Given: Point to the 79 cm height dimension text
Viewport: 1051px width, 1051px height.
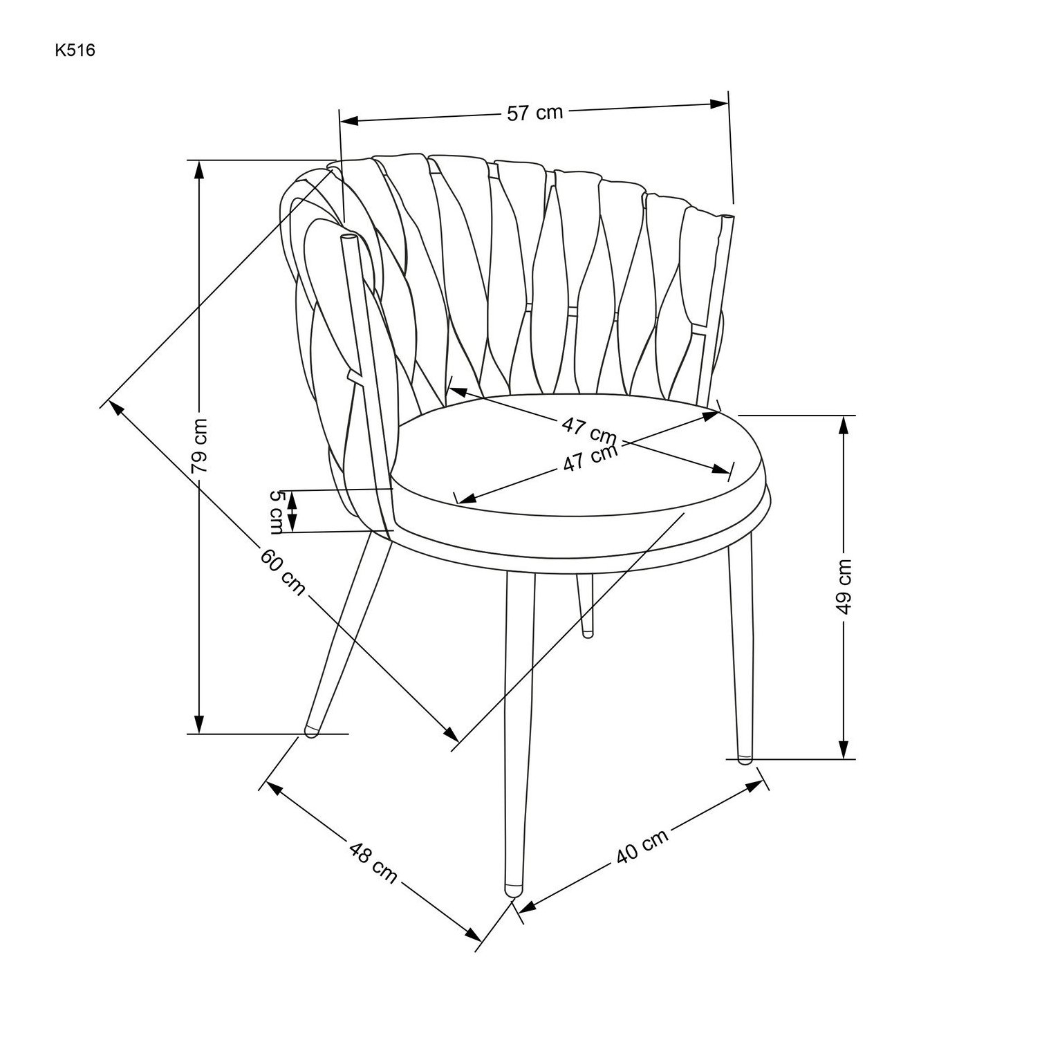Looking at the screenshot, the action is click(x=200, y=445).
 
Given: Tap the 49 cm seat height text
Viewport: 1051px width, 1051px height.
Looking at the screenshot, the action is click(x=843, y=586).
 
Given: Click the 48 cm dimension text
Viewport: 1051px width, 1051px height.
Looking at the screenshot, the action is click(x=373, y=861).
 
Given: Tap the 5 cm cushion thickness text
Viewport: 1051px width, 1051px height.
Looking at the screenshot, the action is click(x=277, y=512).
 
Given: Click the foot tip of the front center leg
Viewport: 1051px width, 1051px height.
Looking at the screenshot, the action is click(x=512, y=891).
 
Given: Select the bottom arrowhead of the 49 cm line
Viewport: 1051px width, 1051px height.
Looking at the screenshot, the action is click(x=843, y=749).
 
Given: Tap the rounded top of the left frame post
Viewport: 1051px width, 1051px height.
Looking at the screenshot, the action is click(x=348, y=237).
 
